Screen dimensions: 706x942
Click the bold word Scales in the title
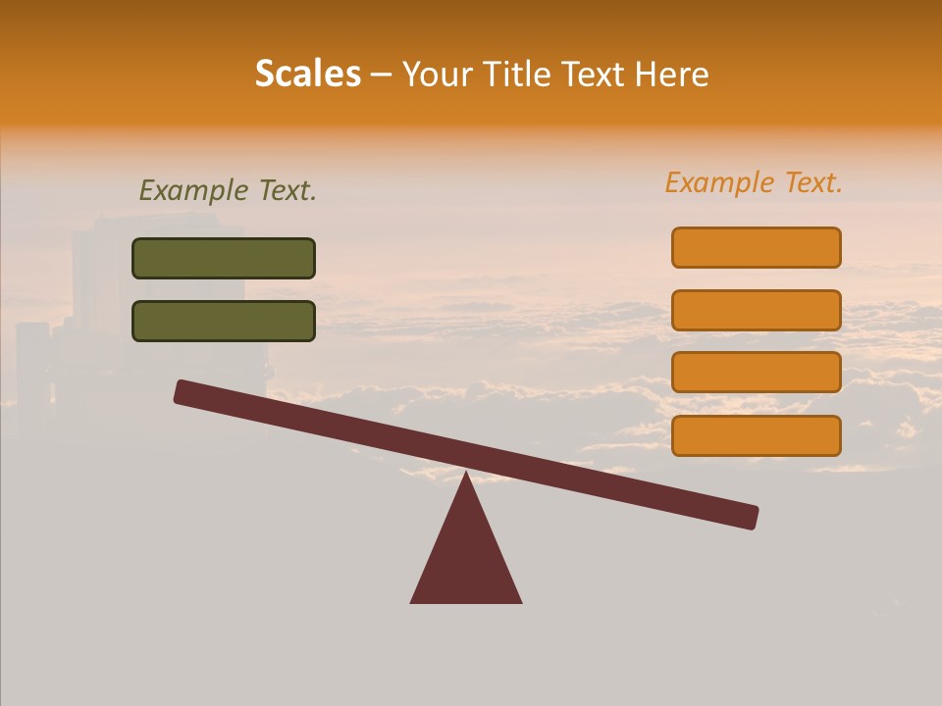coord(308,75)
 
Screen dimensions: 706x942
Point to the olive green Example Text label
coord(228,190)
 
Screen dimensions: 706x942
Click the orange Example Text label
coord(754,182)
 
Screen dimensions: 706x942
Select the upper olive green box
coord(224,258)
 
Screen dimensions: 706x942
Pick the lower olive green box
coord(224,321)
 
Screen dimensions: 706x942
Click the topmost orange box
coord(756,247)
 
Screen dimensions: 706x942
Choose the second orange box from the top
coord(756,310)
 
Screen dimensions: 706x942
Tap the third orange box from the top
coord(756,373)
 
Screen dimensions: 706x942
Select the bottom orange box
coord(756,435)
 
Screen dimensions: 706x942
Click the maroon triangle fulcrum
coord(466,554)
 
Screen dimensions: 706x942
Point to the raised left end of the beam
coord(183,392)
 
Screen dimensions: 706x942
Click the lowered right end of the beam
coord(750,517)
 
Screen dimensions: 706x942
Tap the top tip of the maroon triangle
coord(466,475)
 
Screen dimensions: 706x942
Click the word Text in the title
coord(592,75)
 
